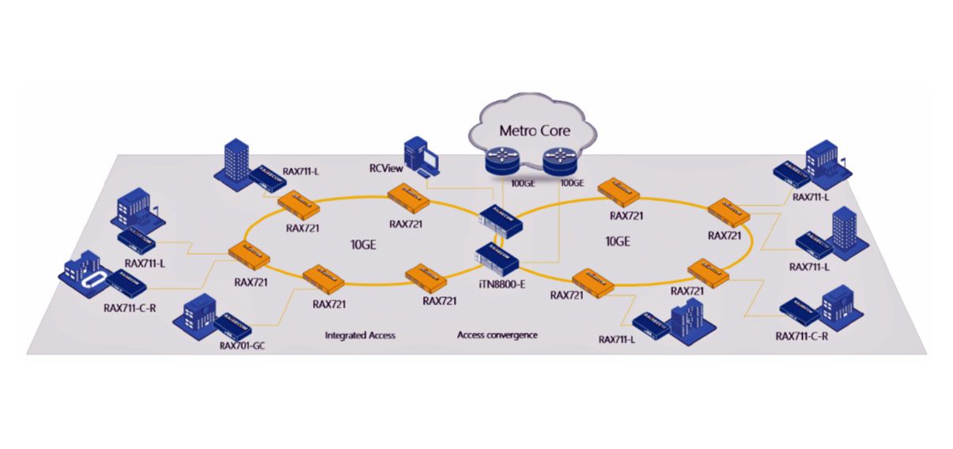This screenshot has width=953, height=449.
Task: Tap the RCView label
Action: pos(387,167)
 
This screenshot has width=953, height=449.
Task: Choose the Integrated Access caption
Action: pos(360,335)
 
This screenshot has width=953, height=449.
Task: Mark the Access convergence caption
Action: pos(497,335)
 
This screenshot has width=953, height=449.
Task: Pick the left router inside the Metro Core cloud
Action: pos(500,163)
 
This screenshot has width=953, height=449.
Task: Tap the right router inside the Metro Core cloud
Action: pos(558,163)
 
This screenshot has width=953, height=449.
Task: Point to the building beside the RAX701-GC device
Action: pos(199,315)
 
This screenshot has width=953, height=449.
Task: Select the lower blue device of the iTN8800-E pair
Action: pos(494,257)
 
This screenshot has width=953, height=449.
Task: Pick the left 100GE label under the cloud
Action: pos(523,184)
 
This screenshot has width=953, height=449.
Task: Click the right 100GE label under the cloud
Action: pos(571,184)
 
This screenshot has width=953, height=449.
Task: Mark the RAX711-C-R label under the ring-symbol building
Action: pos(130,308)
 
